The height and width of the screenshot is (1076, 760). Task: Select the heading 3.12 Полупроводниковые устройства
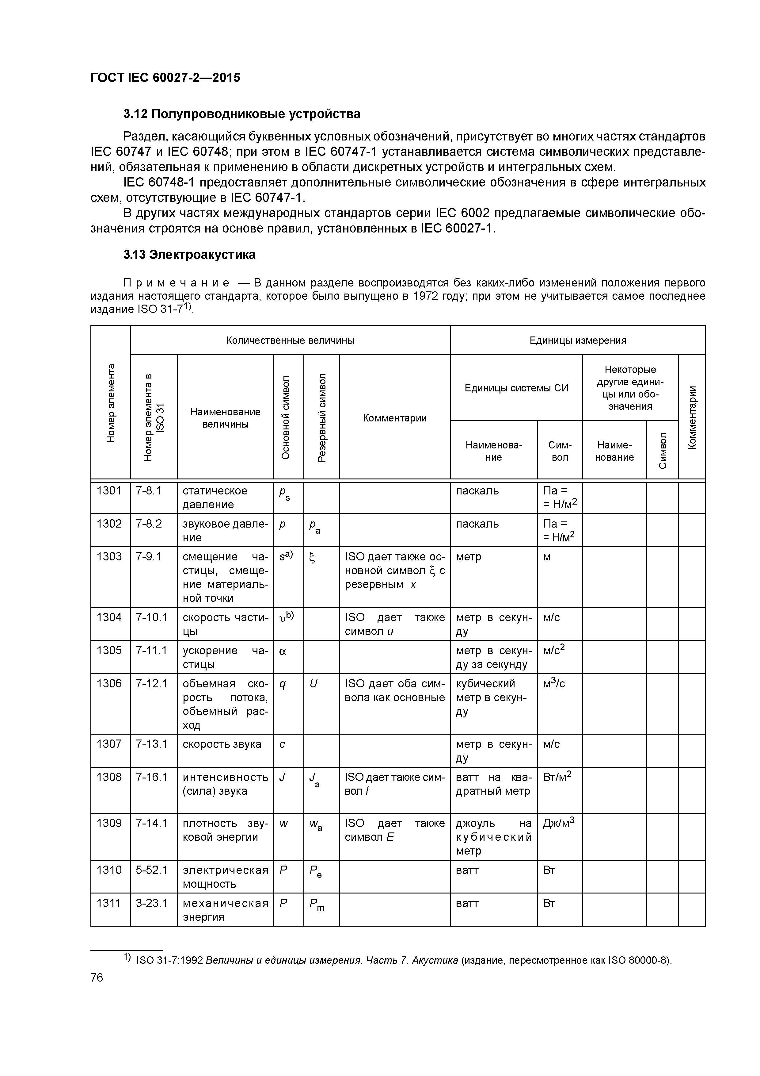241,114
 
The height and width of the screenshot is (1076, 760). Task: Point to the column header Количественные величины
290,340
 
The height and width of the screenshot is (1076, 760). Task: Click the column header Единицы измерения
577,340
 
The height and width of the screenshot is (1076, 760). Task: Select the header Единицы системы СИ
516,388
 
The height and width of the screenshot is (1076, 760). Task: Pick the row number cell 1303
109,556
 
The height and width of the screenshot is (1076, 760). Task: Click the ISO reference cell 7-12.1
151,683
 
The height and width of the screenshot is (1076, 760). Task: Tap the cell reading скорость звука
222,744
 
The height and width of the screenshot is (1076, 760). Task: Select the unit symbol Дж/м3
558,823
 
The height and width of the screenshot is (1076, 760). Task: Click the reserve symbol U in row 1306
313,684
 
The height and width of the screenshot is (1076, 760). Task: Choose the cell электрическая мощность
225,877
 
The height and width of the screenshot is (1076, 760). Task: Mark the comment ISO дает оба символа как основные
394,690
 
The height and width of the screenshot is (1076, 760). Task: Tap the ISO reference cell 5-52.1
151,870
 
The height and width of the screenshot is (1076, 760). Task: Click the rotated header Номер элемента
111,403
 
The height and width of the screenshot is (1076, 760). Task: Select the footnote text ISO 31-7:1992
169,961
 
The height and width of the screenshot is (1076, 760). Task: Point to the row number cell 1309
109,823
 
